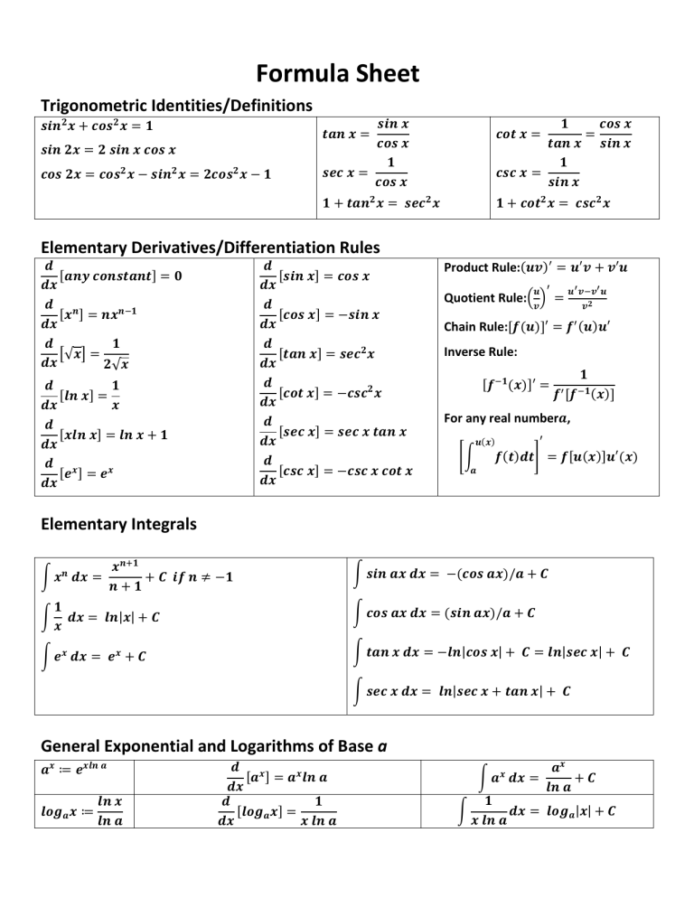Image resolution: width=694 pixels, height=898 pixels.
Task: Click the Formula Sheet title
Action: pos(347,72)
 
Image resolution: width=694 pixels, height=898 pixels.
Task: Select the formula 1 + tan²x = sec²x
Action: pos(381,203)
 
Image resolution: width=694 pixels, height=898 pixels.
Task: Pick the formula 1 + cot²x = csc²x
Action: pos(553,203)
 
